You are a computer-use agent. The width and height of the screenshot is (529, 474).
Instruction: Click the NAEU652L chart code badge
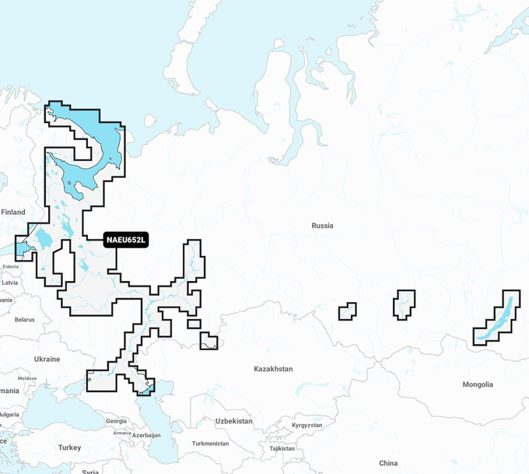tap(125, 241)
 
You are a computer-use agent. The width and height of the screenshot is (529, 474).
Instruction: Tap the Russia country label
tap(322, 226)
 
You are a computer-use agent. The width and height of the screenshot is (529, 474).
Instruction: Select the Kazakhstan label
tap(274, 368)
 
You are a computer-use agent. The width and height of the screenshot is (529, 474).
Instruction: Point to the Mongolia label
tap(477, 384)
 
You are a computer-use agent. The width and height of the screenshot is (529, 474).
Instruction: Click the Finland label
tap(13, 212)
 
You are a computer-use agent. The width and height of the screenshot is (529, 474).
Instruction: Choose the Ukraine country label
tap(47, 359)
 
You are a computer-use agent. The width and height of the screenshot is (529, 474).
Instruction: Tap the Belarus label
tap(24, 319)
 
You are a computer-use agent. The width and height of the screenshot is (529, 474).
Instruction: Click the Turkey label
tap(69, 448)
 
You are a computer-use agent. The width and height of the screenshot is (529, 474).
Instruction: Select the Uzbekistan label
tap(234, 420)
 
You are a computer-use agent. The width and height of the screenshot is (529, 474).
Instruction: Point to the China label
tap(388, 463)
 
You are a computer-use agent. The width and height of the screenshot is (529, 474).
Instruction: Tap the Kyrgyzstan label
tap(307, 426)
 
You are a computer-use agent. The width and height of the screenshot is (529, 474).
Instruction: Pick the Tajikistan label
tap(282, 448)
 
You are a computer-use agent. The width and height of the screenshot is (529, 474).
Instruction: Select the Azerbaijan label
tap(146, 435)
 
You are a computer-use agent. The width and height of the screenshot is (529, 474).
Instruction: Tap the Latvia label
tap(9, 283)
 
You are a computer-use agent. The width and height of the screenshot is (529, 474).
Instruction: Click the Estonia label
tap(10, 266)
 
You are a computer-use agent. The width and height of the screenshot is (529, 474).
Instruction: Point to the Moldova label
tap(26, 377)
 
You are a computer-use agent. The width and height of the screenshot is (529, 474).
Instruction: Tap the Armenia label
tap(122, 433)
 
